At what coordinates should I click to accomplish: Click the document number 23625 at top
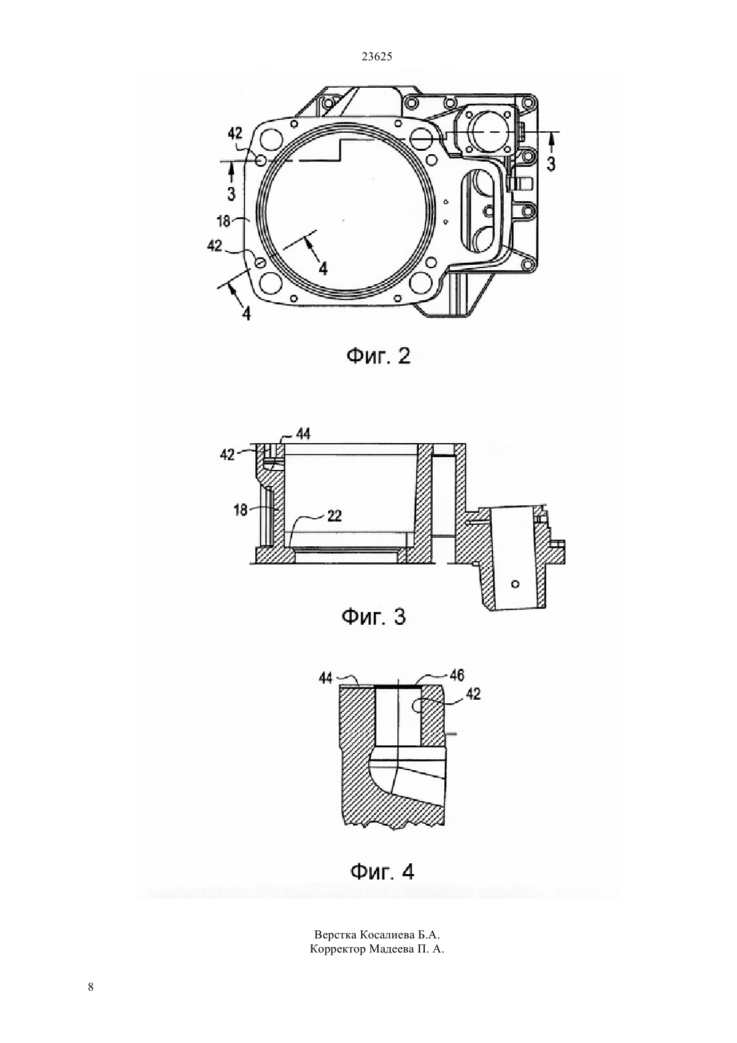377,57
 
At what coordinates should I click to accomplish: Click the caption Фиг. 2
379,357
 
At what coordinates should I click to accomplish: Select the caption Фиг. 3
374,617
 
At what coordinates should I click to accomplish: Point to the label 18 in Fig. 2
224,221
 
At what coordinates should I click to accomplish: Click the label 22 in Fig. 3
334,516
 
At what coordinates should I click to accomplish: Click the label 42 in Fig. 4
473,694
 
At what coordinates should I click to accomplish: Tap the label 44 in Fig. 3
304,434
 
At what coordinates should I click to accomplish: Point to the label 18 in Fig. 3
241,510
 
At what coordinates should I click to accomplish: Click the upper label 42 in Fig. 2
235,133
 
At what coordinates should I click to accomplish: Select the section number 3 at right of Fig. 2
551,164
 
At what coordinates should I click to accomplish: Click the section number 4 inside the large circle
322,268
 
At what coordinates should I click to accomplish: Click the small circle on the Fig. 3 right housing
515,584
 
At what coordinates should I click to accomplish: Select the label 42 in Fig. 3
228,454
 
